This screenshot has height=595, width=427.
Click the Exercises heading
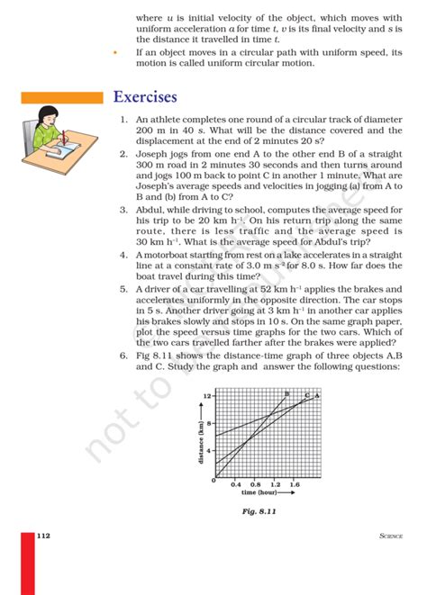pos(145,96)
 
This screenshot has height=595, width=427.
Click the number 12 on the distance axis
pos(207,396)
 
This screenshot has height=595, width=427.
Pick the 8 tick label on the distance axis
pos(209,423)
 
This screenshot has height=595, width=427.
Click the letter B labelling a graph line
pos(286,394)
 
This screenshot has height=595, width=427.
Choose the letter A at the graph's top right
pos(318,395)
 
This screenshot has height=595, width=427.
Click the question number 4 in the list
pos(123,255)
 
